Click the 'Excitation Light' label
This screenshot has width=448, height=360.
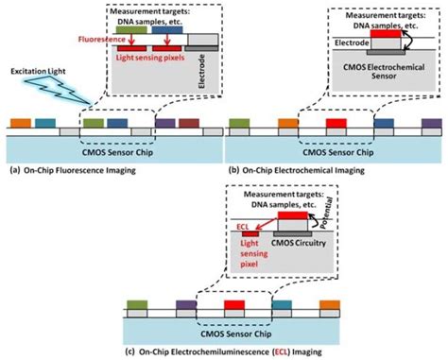[x=37, y=71]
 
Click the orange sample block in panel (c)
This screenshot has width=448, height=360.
[x=320, y=305]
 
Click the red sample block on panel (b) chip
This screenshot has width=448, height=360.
[x=335, y=122]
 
